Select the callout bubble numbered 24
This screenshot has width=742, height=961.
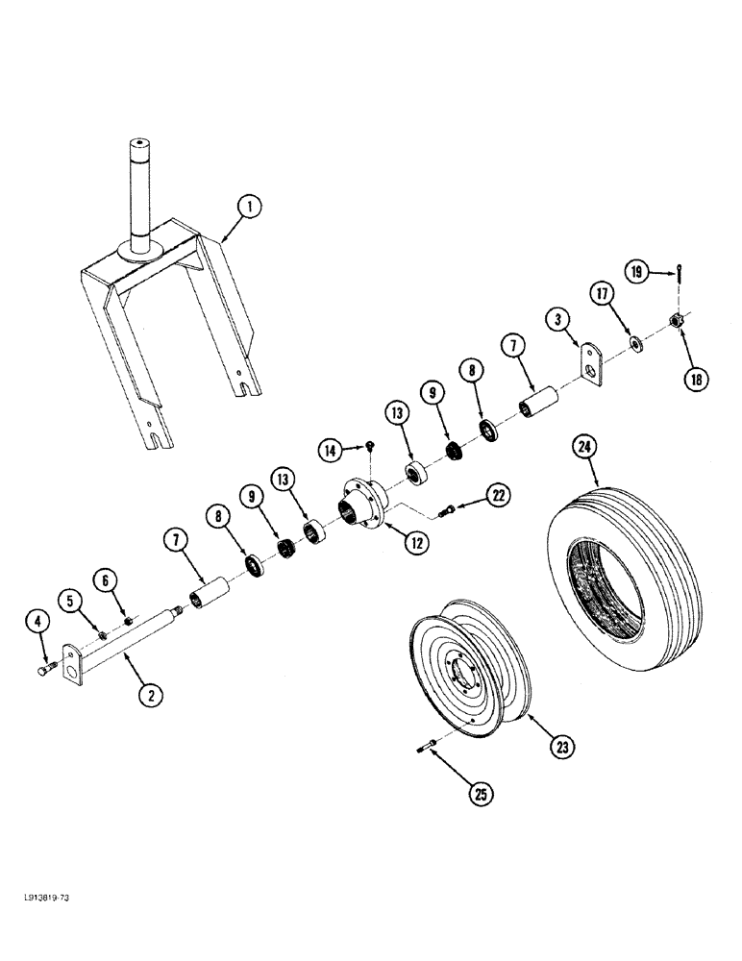point(582,445)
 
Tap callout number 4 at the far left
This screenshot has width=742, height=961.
point(38,623)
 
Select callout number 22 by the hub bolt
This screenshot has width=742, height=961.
point(496,495)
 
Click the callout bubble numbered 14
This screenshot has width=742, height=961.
point(332,449)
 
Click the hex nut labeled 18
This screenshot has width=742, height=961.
point(677,319)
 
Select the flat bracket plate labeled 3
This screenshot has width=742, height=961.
point(591,366)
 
